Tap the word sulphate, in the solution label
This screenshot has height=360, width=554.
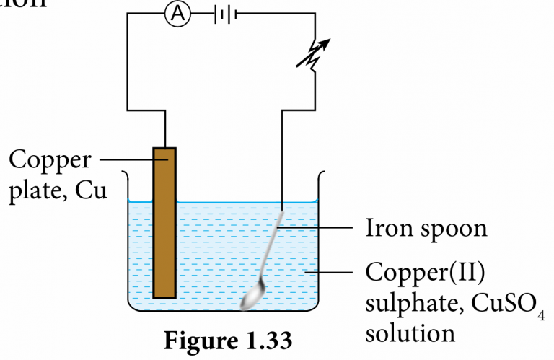408,304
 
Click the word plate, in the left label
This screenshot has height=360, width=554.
40,192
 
